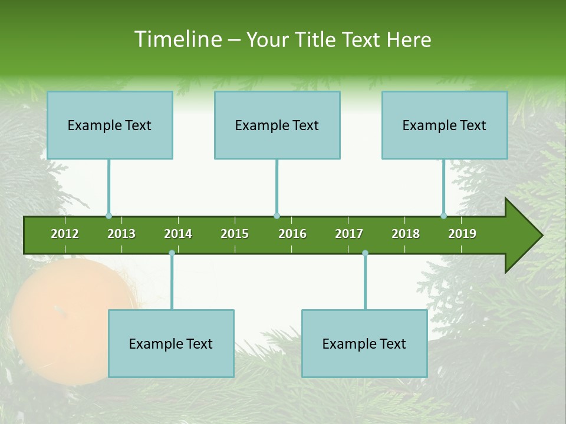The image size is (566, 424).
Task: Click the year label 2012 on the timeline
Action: coord(65,234)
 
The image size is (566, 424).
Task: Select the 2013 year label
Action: coord(121,234)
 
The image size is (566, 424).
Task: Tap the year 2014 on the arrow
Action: coord(178,234)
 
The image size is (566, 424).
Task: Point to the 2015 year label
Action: coord(235,234)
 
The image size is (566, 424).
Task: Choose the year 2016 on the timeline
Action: coord(292,234)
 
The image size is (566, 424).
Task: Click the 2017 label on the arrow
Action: coord(349,234)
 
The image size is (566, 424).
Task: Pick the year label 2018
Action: coord(406,234)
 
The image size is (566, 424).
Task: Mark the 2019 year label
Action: coord(462,234)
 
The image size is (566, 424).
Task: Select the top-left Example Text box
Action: coord(110,125)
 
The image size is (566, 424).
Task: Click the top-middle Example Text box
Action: coord(277,125)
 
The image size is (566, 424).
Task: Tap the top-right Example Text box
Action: coord(445,125)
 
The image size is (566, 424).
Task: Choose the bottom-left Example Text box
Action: coord(171,343)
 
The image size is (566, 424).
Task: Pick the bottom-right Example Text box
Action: coord(364,343)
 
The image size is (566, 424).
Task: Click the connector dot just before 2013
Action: coord(108,216)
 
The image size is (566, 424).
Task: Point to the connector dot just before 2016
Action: coord(277,216)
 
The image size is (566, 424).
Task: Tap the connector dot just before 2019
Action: coord(443,216)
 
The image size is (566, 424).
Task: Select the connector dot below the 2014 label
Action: coord(172,253)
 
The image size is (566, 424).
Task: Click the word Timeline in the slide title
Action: coord(177,39)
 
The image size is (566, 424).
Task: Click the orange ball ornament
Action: coord(65,318)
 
